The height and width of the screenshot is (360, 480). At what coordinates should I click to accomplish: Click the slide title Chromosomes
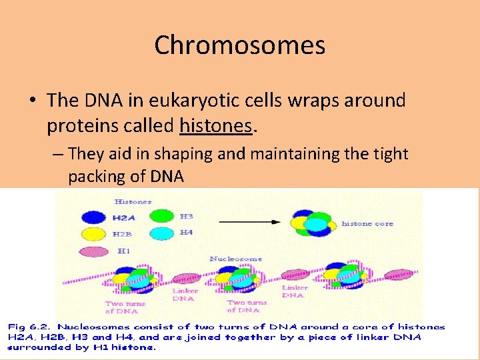click(240, 45)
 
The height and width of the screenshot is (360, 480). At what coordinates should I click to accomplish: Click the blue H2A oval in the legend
click(93, 217)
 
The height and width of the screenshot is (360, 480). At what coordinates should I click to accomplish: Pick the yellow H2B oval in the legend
click(93, 233)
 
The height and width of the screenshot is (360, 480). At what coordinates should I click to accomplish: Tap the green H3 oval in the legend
click(161, 216)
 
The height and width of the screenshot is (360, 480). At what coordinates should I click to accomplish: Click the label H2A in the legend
click(122, 217)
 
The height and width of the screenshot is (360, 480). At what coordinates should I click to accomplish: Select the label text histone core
click(366, 224)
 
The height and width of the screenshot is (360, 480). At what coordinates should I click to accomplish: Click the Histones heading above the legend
click(133, 201)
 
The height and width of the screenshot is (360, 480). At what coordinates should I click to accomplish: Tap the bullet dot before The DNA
click(33, 101)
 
